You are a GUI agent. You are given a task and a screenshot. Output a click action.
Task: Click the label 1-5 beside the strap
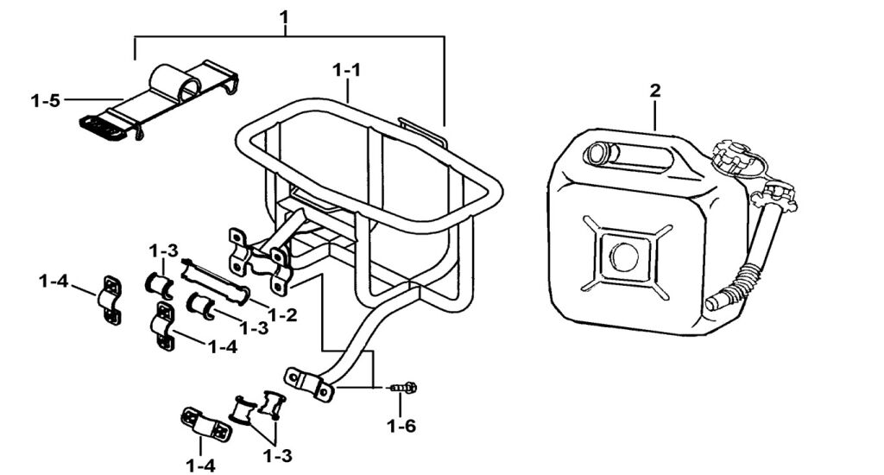pos(45,101)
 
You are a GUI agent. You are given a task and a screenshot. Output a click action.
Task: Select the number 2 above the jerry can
pos(655,91)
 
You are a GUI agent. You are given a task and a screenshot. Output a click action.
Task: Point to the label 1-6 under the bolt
pos(401,425)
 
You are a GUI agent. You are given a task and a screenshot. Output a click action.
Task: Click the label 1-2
pos(282,315)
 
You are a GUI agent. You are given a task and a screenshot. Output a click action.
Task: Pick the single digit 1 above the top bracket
pos(287,16)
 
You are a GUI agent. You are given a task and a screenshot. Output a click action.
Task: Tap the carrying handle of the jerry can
pos(630,155)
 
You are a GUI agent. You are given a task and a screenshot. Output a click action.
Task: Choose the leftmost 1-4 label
pos(54,282)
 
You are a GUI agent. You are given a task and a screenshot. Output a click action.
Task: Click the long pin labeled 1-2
pos(216,281)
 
